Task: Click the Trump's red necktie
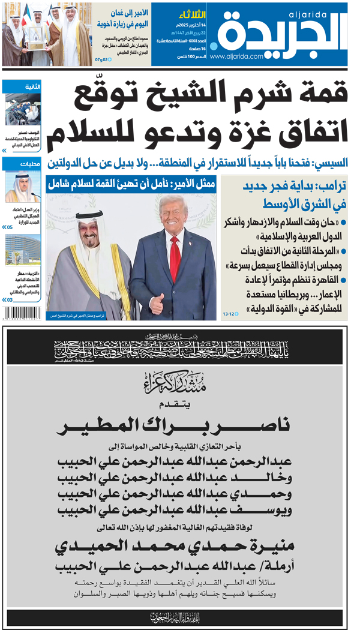[175, 257]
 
